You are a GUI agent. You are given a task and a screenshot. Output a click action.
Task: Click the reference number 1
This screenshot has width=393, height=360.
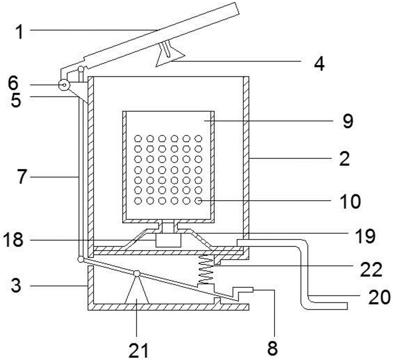pyautogui.click(x=19, y=32)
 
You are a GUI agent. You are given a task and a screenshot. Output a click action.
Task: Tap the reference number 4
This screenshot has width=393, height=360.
pyautogui.click(x=319, y=64)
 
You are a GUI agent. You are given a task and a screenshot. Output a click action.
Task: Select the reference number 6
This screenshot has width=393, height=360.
pyautogui.click(x=13, y=83)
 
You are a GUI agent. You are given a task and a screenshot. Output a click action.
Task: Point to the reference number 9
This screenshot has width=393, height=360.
pyautogui.click(x=348, y=121)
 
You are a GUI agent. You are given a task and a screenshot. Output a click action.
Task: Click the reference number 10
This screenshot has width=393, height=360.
pyautogui.click(x=351, y=202)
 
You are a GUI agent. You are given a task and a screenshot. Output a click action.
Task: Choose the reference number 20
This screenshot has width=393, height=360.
pyautogui.click(x=379, y=298)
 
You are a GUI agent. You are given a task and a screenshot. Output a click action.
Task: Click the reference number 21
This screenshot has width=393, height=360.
pyautogui.click(x=139, y=350)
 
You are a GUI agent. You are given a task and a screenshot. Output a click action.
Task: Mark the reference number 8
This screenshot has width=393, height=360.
pyautogui.click(x=272, y=348)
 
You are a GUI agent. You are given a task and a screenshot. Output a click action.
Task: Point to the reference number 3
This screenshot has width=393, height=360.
pyautogui.click(x=16, y=286)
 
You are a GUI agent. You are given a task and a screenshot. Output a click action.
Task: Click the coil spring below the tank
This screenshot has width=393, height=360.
pyautogui.click(x=206, y=270)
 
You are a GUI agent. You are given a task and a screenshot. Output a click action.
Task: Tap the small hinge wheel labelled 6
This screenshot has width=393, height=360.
pyautogui.click(x=64, y=85)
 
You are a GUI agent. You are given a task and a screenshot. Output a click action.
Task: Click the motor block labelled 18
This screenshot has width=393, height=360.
pyautogui.click(x=168, y=240)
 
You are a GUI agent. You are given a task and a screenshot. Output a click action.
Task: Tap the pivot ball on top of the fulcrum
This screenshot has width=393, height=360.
pyautogui.click(x=137, y=274)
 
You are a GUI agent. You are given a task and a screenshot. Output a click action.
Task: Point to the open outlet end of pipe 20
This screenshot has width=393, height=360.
pyautogui.click(x=347, y=306)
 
